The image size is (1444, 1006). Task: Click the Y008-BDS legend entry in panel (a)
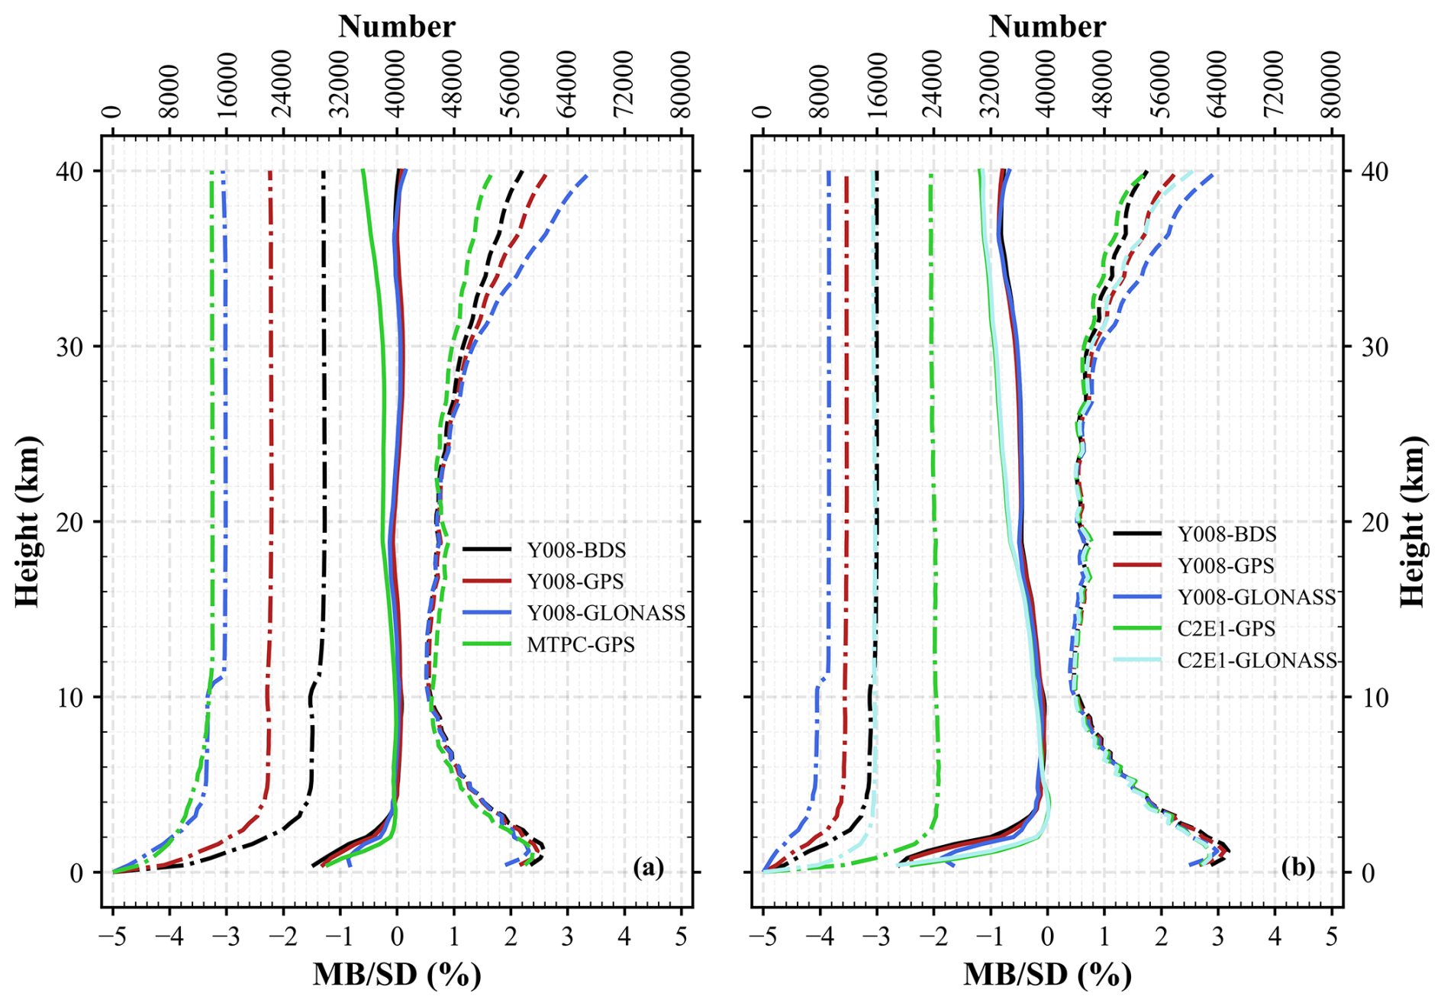(x=576, y=550)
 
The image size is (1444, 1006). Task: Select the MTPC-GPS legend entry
(x=580, y=645)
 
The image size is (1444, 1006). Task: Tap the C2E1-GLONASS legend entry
(x=1256, y=660)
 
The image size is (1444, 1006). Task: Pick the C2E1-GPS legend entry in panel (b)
(x=1226, y=629)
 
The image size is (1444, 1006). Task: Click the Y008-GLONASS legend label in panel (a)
(x=606, y=613)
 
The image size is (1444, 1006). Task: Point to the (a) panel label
(x=648, y=868)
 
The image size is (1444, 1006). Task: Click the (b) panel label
(x=1298, y=868)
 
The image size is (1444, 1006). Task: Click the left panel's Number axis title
(x=397, y=27)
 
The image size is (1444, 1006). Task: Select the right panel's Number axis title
(x=1047, y=27)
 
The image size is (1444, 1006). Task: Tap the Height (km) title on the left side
(x=27, y=522)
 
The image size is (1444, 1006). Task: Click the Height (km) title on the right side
(x=1413, y=522)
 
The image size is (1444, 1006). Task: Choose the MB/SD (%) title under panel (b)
(x=1047, y=975)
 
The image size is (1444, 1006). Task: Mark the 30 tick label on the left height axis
(x=70, y=347)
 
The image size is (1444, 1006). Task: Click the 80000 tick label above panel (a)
(x=682, y=85)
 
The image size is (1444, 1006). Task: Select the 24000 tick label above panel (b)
(x=933, y=85)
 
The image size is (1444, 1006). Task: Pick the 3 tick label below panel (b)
(x=1218, y=937)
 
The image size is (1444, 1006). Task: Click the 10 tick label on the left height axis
(x=70, y=698)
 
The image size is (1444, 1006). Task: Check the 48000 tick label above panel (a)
(x=454, y=85)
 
